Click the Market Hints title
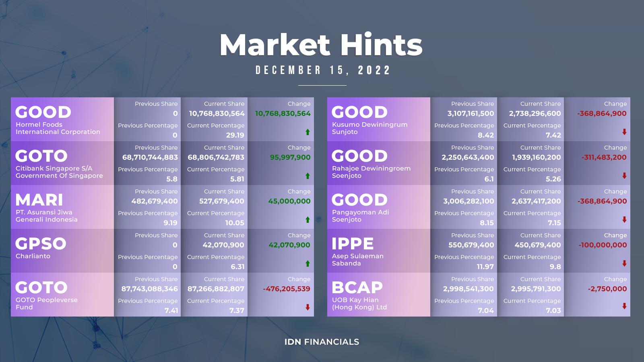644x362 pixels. click(x=321, y=45)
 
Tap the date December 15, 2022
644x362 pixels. click(x=323, y=70)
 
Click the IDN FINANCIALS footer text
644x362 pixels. click(x=322, y=342)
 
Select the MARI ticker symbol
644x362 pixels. click(x=39, y=200)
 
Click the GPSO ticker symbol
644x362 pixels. click(x=41, y=244)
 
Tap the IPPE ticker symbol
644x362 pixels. click(x=353, y=244)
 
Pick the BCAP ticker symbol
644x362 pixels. click(x=357, y=288)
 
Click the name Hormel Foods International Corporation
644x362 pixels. click(x=58, y=128)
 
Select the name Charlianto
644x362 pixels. click(x=33, y=256)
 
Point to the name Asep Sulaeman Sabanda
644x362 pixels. click(x=358, y=260)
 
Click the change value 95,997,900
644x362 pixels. click(x=290, y=157)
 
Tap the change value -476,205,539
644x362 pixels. click(x=287, y=289)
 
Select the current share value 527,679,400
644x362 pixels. click(x=222, y=201)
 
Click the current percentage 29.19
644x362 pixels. click(x=235, y=135)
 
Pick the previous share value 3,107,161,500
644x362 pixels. click(x=471, y=113)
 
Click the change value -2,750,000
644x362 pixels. click(x=607, y=289)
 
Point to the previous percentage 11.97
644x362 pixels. click(x=485, y=267)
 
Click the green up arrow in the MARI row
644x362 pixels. click(x=308, y=220)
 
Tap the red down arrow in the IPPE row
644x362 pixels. click(x=624, y=263)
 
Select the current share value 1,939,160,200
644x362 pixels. click(x=536, y=157)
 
